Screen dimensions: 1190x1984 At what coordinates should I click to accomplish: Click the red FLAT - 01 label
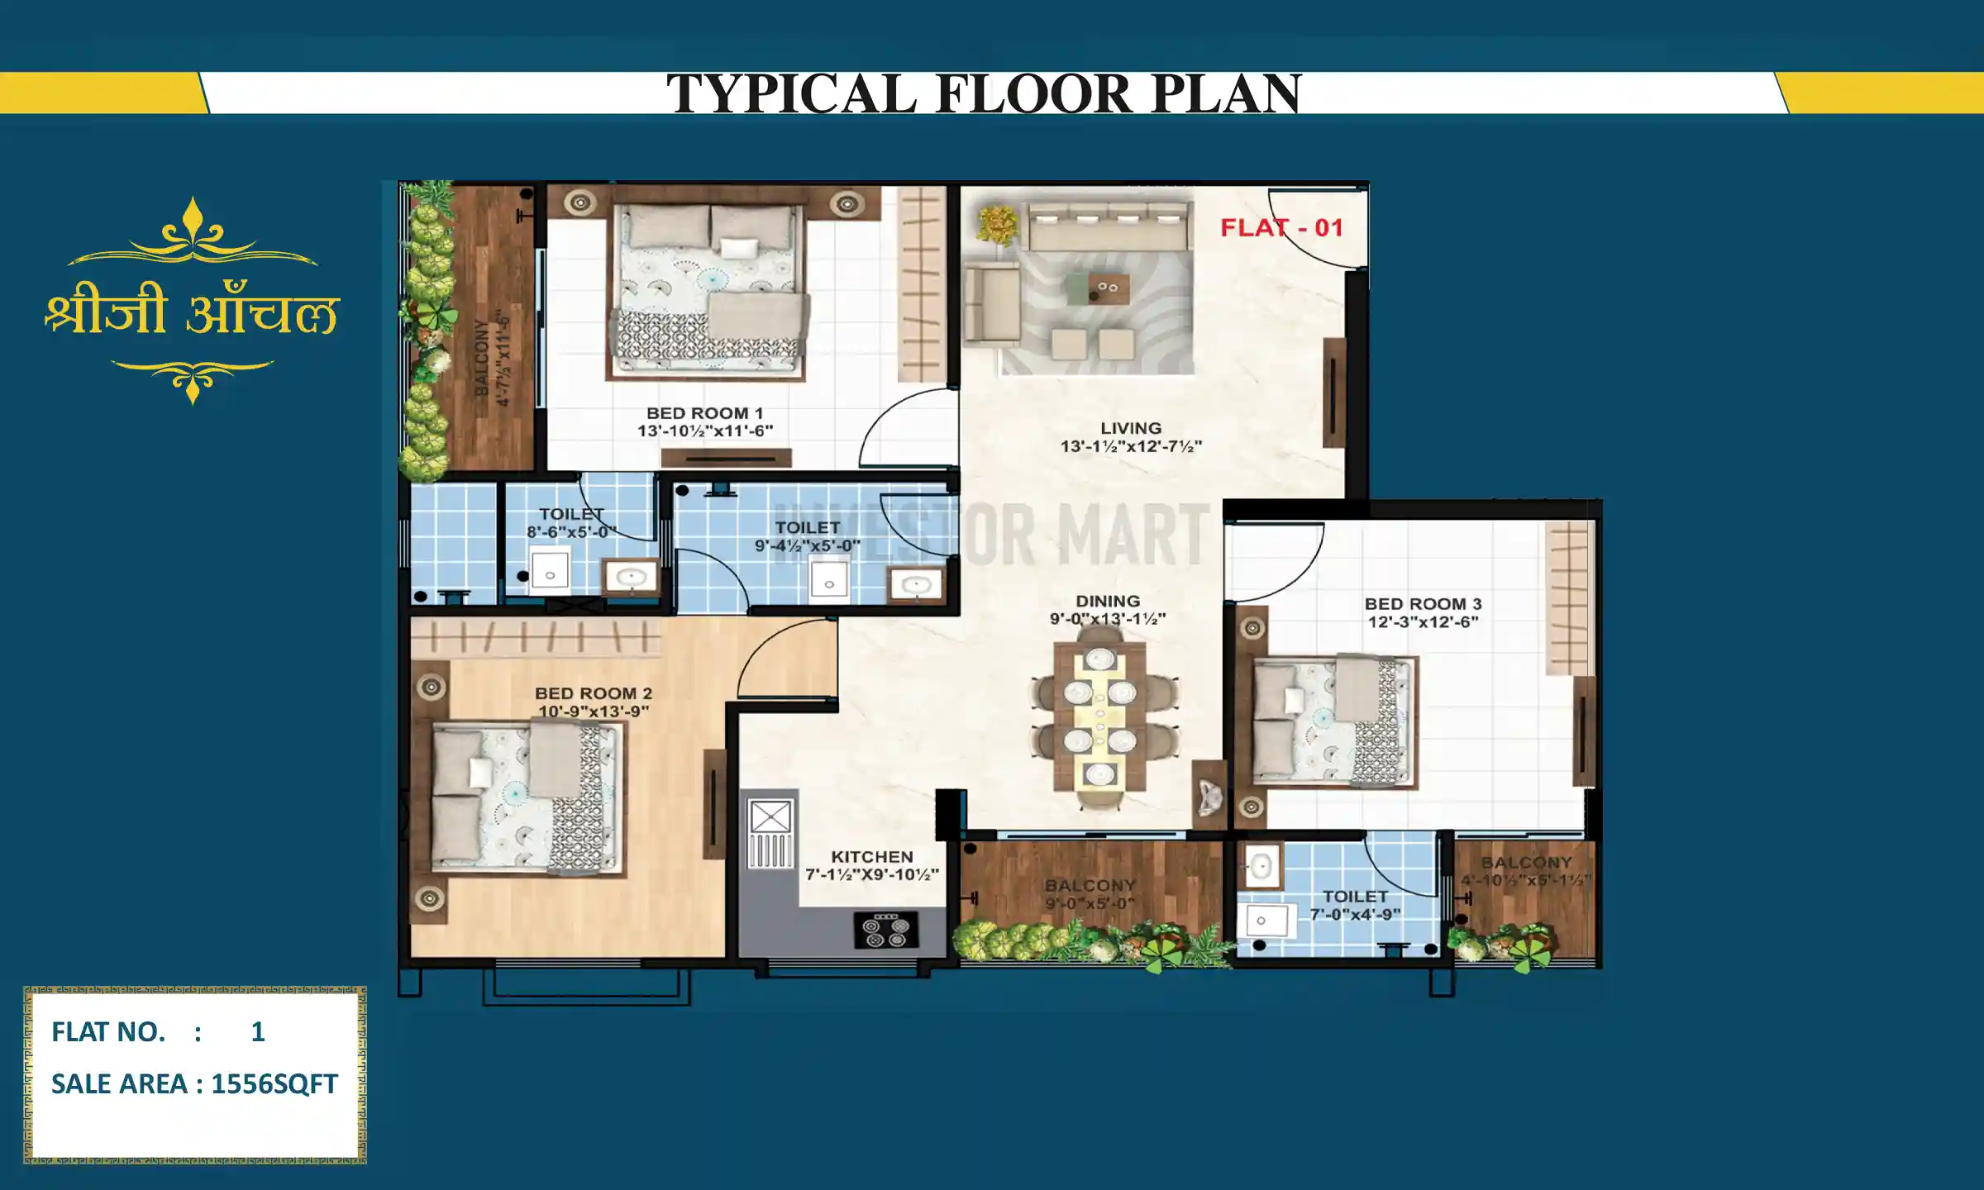[1281, 228]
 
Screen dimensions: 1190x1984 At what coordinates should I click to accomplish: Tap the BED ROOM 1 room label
[704, 412]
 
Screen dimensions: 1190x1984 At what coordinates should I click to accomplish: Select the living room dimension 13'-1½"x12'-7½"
[1131, 446]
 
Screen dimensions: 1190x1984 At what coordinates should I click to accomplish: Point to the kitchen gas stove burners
[885, 931]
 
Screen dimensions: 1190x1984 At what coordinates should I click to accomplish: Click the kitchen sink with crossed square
[770, 818]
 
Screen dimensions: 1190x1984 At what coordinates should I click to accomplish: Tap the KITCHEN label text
[871, 857]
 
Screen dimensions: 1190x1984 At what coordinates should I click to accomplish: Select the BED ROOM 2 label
[593, 693]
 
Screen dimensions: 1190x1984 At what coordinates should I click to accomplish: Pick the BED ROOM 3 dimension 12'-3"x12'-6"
[1422, 622]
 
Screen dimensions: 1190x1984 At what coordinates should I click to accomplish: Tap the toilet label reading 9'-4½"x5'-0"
[807, 546]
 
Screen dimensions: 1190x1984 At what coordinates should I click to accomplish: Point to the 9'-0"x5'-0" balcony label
[1090, 903]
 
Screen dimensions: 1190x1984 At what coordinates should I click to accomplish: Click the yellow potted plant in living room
[998, 224]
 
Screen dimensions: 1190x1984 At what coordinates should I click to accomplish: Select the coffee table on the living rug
[1108, 288]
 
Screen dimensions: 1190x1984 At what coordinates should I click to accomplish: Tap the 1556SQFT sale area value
[274, 1083]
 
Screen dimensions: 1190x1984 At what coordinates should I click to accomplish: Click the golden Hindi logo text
[192, 312]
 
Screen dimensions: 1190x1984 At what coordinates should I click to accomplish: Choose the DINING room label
[1107, 601]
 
